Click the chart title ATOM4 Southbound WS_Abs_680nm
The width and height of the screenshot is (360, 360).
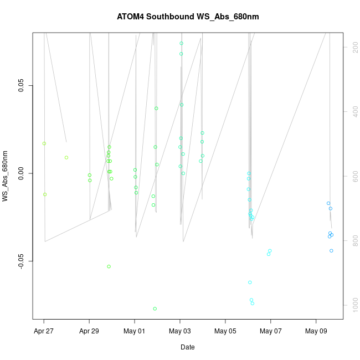[188, 17]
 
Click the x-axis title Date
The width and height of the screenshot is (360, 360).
[187, 347]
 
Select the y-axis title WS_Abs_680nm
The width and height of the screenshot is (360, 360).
[6, 176]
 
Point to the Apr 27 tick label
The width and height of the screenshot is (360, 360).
[44, 331]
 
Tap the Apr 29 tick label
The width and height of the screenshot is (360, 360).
[89, 331]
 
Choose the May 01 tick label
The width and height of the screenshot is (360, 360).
[135, 331]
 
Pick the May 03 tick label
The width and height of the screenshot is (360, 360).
[180, 331]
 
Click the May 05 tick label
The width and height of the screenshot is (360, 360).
[225, 331]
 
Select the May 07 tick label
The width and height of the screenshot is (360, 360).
[271, 331]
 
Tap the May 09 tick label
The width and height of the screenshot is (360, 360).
[316, 331]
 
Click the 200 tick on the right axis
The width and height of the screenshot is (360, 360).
[353, 48]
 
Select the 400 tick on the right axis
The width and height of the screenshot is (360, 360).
[353, 112]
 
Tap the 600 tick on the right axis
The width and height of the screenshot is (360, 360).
[353, 177]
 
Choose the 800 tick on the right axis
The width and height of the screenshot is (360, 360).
[353, 241]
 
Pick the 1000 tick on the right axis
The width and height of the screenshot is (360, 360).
[353, 305]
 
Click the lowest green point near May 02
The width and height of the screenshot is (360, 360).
[155, 308]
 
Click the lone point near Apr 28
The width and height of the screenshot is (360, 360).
[66, 157]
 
